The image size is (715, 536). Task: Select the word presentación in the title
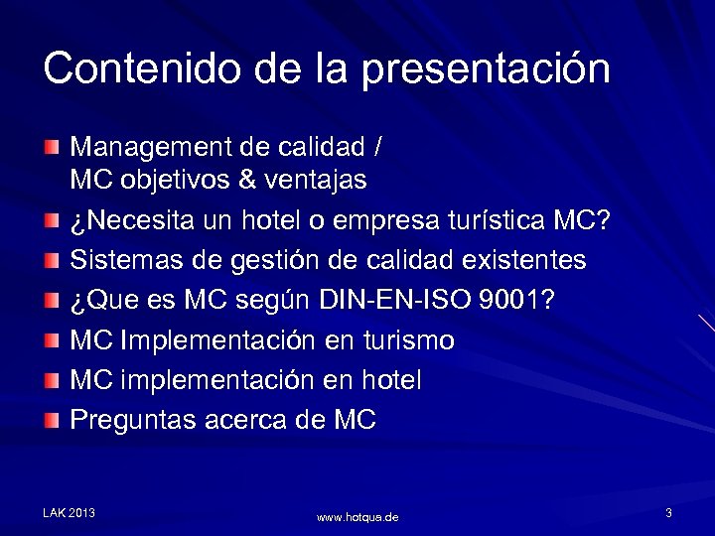point(486,70)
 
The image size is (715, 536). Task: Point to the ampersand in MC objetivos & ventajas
point(246,181)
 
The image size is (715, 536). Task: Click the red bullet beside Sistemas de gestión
point(51,261)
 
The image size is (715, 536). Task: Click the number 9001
point(516,301)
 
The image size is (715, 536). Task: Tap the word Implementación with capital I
point(217,341)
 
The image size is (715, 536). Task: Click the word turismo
point(410,340)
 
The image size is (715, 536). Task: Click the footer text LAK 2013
point(69,512)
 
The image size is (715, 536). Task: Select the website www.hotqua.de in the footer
point(357,517)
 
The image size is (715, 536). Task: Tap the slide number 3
point(669,512)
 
